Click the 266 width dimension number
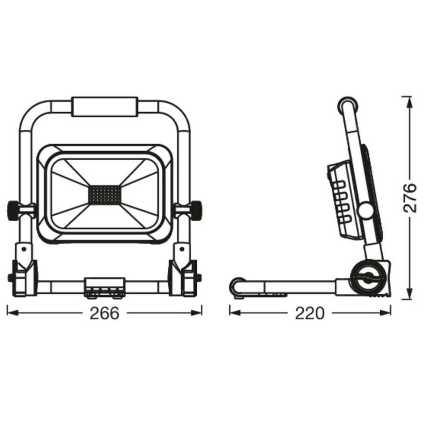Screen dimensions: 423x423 (104, 313)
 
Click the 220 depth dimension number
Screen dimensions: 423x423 (309, 313)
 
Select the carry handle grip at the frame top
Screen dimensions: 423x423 (104, 107)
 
